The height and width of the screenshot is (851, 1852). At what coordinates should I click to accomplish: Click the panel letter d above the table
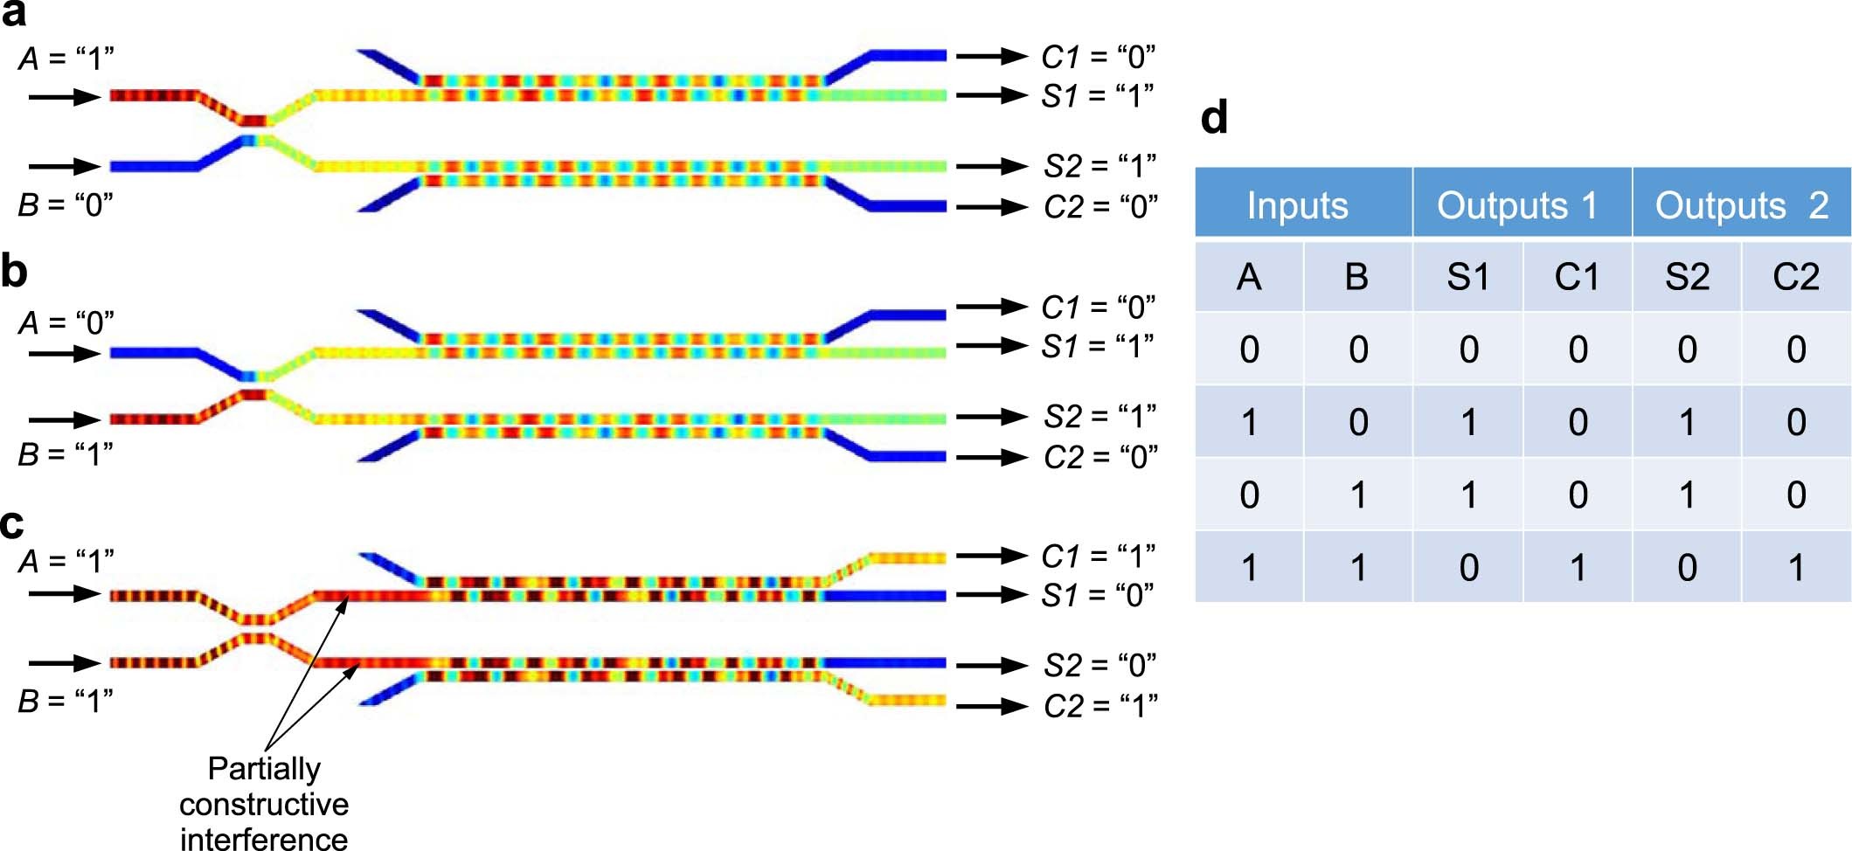click(1214, 117)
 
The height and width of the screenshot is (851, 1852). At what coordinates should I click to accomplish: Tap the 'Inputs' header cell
click(1298, 205)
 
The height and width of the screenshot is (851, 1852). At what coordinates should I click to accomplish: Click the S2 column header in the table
click(1687, 277)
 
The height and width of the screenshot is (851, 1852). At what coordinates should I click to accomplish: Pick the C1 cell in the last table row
click(1578, 568)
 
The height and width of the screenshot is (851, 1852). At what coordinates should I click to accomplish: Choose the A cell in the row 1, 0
click(1249, 423)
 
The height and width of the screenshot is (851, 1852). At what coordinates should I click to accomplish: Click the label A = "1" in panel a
click(66, 59)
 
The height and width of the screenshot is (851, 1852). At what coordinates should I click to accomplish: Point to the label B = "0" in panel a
click(66, 204)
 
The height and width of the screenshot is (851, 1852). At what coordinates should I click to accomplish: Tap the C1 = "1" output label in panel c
click(1098, 556)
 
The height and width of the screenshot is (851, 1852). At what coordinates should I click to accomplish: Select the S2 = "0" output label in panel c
click(1099, 666)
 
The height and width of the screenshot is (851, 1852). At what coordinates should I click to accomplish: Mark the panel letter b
click(14, 272)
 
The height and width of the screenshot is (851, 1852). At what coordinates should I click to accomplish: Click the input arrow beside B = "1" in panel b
click(65, 420)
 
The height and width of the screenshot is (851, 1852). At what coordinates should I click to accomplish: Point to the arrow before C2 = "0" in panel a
click(991, 207)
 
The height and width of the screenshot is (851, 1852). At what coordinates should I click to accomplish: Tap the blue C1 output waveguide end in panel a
click(909, 56)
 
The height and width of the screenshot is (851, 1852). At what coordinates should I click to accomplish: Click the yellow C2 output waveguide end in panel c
click(909, 700)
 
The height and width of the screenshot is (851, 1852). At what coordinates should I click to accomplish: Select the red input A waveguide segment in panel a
click(154, 95)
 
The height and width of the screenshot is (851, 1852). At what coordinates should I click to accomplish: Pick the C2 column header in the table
click(1796, 277)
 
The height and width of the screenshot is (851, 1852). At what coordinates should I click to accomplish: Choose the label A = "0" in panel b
click(66, 323)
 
